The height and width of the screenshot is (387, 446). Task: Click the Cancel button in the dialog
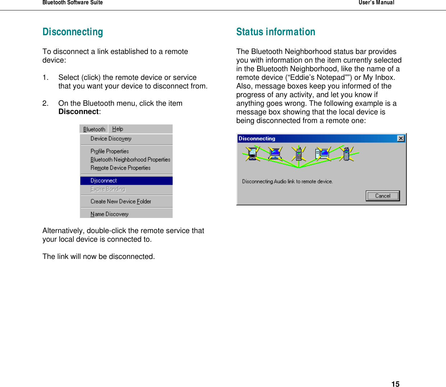point(383,196)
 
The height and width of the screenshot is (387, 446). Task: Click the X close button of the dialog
point(401,138)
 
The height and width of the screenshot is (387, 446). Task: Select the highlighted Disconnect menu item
point(104,181)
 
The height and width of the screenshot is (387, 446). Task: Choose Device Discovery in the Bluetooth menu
point(111,139)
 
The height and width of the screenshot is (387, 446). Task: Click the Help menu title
point(118,129)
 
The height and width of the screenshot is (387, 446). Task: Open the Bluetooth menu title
point(94,129)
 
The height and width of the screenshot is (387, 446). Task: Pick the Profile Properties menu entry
point(110,151)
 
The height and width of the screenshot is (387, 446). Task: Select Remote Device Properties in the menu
point(120,168)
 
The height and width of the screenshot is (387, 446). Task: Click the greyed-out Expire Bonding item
point(108,189)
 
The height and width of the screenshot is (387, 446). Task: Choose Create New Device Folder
point(121,201)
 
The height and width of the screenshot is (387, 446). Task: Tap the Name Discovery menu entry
point(109,214)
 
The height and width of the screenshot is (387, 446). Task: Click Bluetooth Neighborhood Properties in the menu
point(130,160)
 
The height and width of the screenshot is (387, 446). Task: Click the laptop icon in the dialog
point(275,154)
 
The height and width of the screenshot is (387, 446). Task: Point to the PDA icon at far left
point(252,154)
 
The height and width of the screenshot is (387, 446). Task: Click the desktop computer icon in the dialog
point(323,154)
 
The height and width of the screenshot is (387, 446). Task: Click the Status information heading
point(276,32)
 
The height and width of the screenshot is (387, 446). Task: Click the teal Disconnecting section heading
point(73,32)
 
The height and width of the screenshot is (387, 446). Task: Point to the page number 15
point(395,384)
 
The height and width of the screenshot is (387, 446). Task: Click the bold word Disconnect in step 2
point(78,112)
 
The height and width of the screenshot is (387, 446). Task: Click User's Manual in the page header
point(376,3)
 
